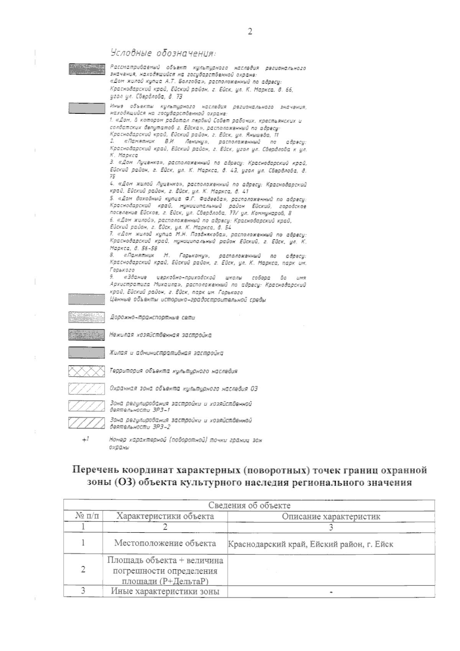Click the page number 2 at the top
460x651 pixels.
[x=250, y=31]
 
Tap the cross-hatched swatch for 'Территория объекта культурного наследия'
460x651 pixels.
[x=86, y=371]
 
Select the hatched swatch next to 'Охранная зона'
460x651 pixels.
[x=86, y=389]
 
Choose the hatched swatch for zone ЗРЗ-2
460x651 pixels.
[x=86, y=423]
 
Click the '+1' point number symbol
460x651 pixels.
[x=85, y=440]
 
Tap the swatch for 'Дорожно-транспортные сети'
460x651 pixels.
[x=86, y=317]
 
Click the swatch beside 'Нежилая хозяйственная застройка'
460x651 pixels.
[x=86, y=335]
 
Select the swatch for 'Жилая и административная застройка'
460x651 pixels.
[x=86, y=353]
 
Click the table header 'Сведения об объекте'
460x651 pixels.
[x=249, y=505]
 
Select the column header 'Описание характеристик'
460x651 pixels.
[x=331, y=516]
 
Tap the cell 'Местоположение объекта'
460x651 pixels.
[x=165, y=543]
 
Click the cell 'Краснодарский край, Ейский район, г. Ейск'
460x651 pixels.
[x=310, y=544]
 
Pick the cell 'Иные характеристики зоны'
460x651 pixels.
[x=165, y=602]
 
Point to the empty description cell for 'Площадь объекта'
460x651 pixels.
[x=331, y=570]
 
